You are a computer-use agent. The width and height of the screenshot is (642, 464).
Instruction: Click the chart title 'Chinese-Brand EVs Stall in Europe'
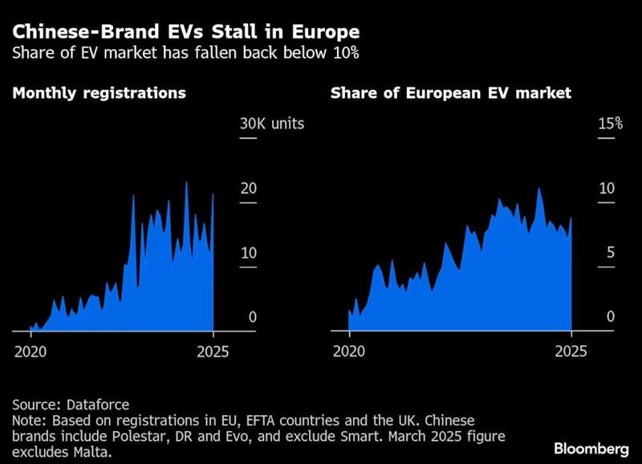pos(186,33)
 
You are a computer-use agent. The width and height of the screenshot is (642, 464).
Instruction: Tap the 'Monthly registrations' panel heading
pos(99,93)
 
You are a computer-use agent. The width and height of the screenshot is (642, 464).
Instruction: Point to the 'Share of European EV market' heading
pos(451,93)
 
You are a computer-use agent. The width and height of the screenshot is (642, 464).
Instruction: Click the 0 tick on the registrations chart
pos(252,317)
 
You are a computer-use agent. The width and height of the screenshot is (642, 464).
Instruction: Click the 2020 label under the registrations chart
pos(30,352)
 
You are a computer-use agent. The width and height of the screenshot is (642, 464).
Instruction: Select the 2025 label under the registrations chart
pos(212,352)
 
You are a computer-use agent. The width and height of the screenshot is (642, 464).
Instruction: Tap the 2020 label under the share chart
pos(348,352)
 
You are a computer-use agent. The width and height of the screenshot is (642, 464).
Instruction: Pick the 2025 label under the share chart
pos(571,352)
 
